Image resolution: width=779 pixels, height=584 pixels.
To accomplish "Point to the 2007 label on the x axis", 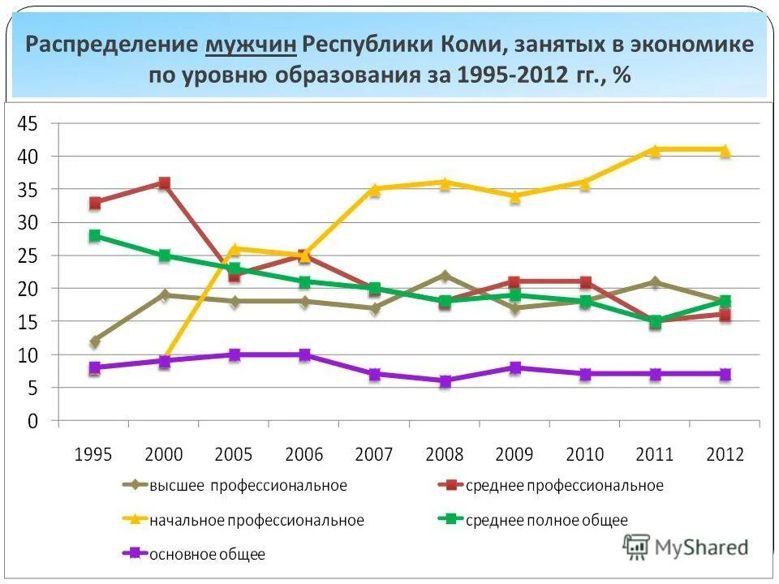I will (374, 454).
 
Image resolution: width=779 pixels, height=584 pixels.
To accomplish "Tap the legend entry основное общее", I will (207, 555).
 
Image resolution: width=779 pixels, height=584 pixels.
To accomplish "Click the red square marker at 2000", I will (165, 183).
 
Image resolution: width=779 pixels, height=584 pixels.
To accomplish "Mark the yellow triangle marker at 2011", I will (655, 149).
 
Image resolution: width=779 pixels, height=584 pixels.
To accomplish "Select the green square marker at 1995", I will (95, 236).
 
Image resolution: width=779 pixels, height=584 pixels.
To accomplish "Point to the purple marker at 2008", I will (445, 381).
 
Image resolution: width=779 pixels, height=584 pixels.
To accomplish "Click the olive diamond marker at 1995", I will (95, 341).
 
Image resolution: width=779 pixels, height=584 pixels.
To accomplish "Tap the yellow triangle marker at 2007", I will (375, 189).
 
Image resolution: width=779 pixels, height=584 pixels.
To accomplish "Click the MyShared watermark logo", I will (686, 547).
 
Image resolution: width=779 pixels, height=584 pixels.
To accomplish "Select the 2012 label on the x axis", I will (725, 454).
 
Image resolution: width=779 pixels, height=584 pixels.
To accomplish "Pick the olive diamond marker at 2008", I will (445, 276).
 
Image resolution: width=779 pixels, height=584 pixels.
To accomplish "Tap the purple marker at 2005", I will (235, 354).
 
